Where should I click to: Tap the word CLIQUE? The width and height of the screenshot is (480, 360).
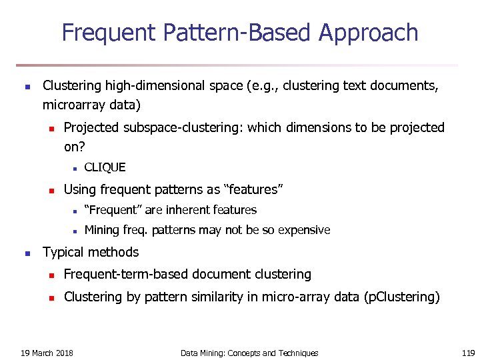(105, 167)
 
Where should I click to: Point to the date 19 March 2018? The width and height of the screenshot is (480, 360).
(47, 353)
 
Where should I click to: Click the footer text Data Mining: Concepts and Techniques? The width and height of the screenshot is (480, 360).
(249, 353)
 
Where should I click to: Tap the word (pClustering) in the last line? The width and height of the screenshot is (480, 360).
(403, 297)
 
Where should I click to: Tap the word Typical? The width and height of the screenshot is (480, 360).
(63, 252)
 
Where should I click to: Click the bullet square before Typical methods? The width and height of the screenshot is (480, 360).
(26, 253)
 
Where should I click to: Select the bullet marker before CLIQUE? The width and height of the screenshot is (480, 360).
(76, 168)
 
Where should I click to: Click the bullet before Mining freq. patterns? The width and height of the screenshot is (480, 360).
(76, 231)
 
